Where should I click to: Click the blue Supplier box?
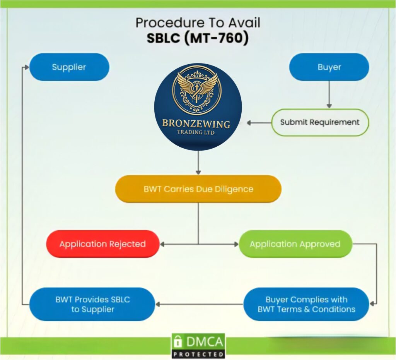69,67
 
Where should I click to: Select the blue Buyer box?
329,67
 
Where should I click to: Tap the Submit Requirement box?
320,122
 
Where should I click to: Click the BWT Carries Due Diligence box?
198,189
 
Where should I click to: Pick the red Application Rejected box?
102,244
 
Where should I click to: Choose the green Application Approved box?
295,244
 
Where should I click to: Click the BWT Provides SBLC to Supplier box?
92,304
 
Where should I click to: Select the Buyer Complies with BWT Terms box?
306,304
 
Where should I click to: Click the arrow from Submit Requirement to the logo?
259,123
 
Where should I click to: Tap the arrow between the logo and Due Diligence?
198,163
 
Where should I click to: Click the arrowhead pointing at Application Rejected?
162,244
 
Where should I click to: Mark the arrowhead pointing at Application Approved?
236,244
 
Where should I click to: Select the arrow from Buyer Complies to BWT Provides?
199,304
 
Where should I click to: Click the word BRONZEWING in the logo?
196,124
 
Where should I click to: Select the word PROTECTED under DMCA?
198,354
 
